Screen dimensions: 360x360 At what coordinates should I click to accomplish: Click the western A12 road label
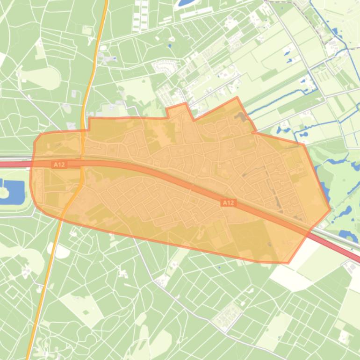(x=59, y=164)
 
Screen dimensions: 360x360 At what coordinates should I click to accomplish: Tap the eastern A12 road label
(x=228, y=202)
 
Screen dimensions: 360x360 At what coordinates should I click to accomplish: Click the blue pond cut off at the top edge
(x=186, y=2)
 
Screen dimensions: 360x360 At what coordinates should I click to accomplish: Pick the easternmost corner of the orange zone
(x=330, y=209)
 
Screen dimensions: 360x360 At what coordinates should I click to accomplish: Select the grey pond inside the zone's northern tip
(x=241, y=115)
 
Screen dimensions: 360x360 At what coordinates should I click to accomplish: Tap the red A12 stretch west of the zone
(x=14, y=164)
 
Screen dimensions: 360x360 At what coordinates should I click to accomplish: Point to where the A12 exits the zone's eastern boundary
(x=310, y=229)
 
